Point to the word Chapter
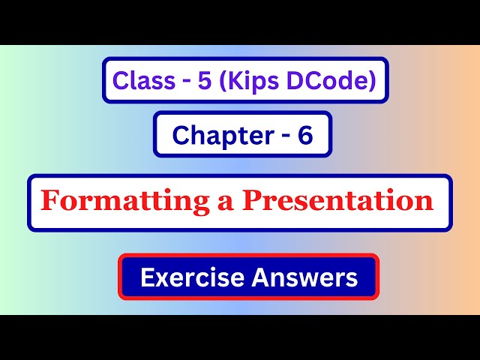[x=212, y=135]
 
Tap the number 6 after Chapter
[x=304, y=135]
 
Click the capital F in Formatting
[x=49, y=201]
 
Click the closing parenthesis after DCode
[x=370, y=80]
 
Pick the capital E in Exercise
[x=146, y=278]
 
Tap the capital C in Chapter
[x=180, y=135]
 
